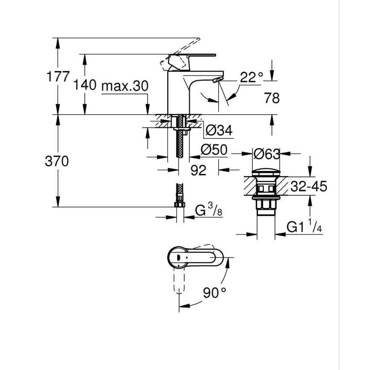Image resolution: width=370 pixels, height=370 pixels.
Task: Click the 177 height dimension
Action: pyautogui.click(x=58, y=77)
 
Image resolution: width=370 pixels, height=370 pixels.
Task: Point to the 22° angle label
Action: pyautogui.click(x=251, y=77)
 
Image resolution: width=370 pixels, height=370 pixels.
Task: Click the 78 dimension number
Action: pyautogui.click(x=272, y=98)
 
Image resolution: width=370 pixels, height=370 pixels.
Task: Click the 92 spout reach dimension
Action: pyautogui.click(x=198, y=170)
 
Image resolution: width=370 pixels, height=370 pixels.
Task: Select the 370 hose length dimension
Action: pyautogui.click(x=57, y=162)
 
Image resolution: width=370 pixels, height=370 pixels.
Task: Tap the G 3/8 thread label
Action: pyautogui.click(x=209, y=210)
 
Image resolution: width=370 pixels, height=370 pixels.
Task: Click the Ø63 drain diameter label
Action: pyautogui.click(x=266, y=153)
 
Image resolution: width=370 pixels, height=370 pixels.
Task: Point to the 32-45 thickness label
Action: pyautogui.click(x=309, y=186)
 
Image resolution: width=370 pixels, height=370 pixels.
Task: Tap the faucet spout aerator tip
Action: pyautogui.click(x=217, y=80)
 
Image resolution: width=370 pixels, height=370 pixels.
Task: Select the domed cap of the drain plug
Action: pyautogui.click(x=266, y=173)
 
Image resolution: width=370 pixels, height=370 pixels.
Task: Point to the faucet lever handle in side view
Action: pyautogui.click(x=194, y=55)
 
